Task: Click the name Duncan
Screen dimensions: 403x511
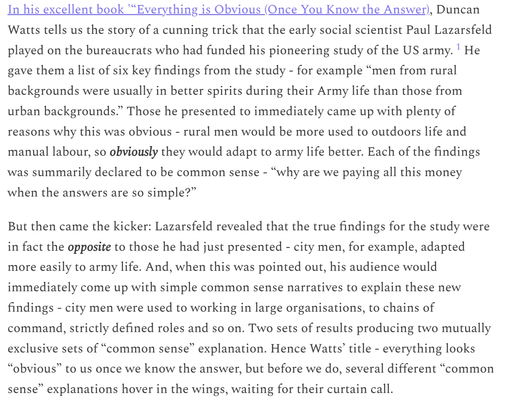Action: [458, 10]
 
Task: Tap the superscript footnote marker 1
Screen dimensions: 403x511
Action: [458, 47]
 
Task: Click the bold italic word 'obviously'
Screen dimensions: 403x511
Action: [134, 152]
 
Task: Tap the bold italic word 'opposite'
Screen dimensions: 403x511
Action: [89, 247]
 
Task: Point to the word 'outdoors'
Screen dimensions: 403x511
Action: [396, 132]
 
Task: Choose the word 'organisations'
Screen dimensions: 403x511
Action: [325, 308]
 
